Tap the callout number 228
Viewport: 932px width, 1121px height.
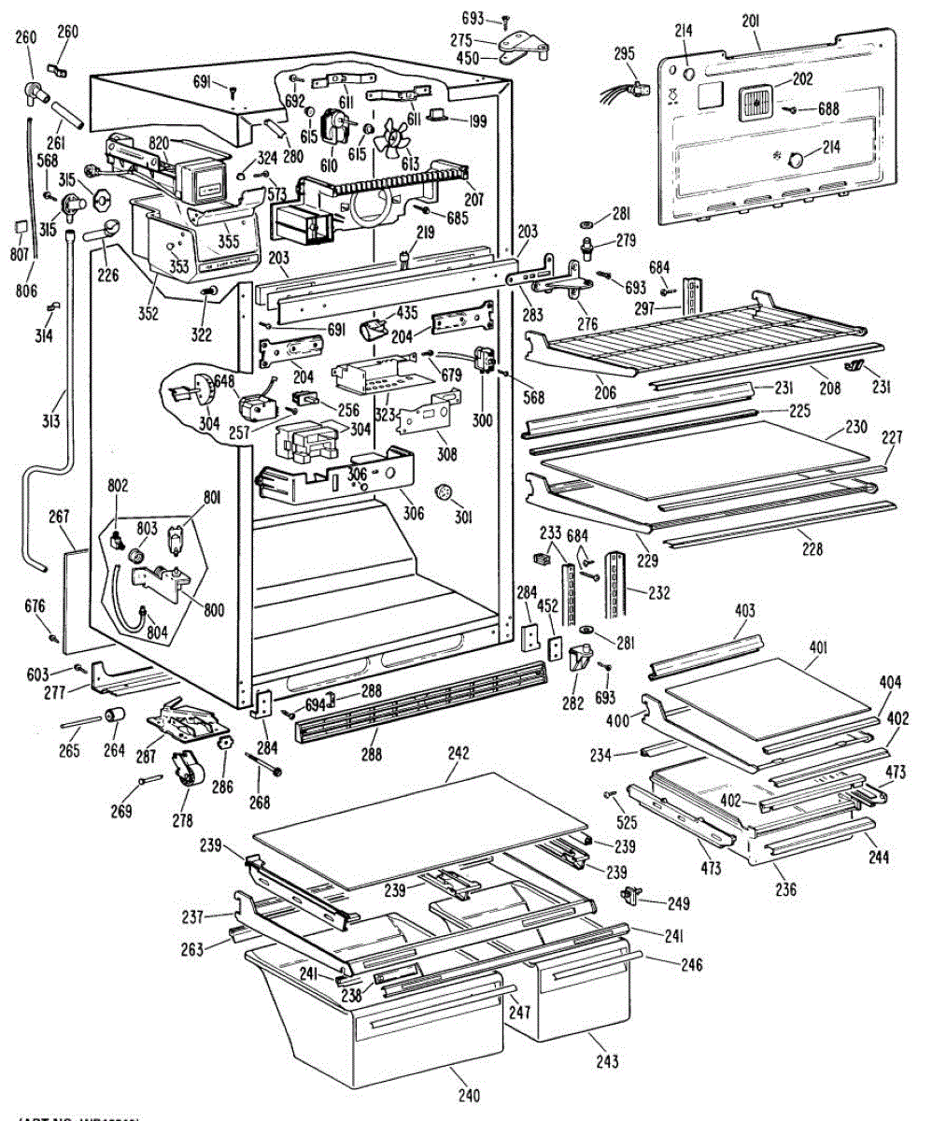tap(812, 550)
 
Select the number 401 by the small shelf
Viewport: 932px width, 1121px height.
tap(818, 646)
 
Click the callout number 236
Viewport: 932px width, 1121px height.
tap(785, 889)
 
